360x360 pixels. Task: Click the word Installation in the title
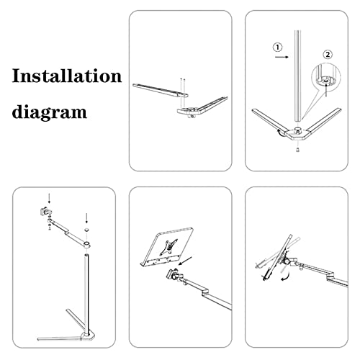pos(66,76)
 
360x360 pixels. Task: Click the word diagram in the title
pos(49,112)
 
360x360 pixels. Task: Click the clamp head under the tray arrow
pos(176,276)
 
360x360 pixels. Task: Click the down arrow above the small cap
pos(86,216)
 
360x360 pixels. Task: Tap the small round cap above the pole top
pos(86,231)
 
